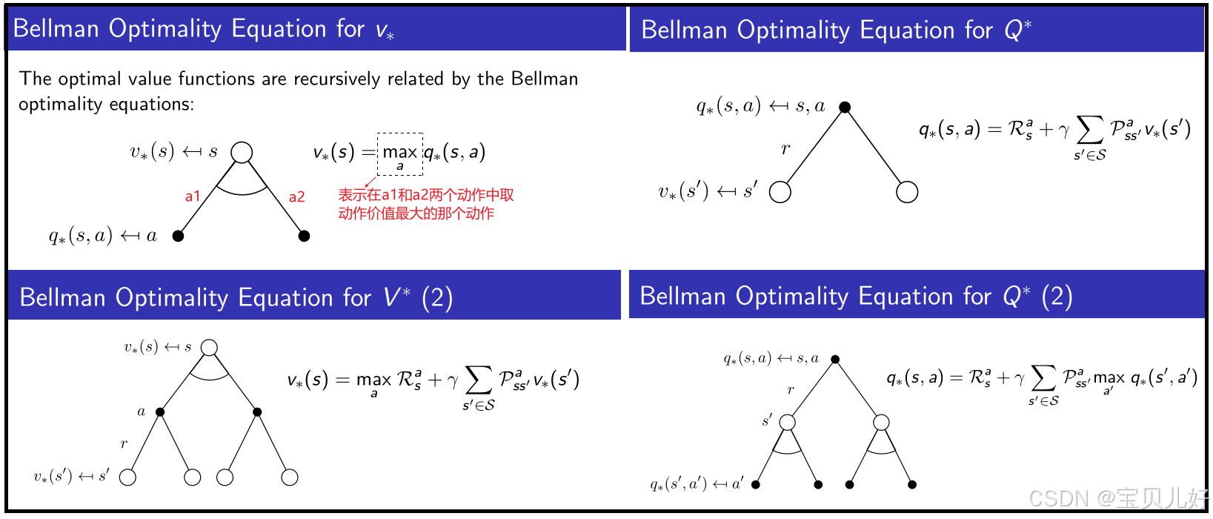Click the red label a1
193,196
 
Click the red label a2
296,196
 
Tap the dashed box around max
400,153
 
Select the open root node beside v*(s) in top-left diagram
242,153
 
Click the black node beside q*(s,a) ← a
178,236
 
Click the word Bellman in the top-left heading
56,28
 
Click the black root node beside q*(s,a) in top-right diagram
845,108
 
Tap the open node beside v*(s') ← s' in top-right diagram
780,192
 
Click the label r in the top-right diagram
785,148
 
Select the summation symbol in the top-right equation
1089,130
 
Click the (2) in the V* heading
437,297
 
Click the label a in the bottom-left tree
141,411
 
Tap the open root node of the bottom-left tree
209,348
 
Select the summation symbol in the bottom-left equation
478,380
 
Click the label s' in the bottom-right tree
767,420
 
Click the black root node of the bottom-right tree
835,360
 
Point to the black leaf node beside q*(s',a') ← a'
756,485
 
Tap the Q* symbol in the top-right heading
1017,30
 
